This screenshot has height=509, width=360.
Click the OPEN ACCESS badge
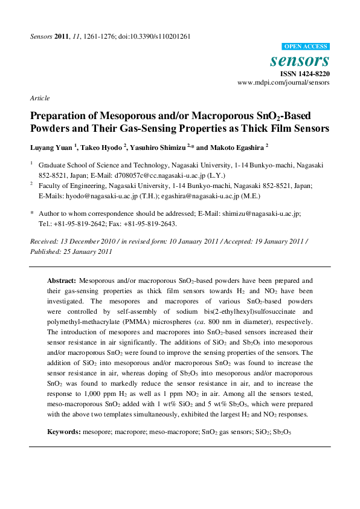click(306, 47)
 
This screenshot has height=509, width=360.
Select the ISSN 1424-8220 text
click(304, 73)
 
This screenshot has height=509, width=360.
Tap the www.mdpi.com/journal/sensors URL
click(283, 82)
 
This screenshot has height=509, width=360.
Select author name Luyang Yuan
click(51, 147)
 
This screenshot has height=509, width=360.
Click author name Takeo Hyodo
click(103, 147)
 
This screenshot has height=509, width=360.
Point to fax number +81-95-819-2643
click(149, 223)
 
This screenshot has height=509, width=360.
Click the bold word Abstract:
click(62, 281)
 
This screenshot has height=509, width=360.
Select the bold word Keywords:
click(64, 433)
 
